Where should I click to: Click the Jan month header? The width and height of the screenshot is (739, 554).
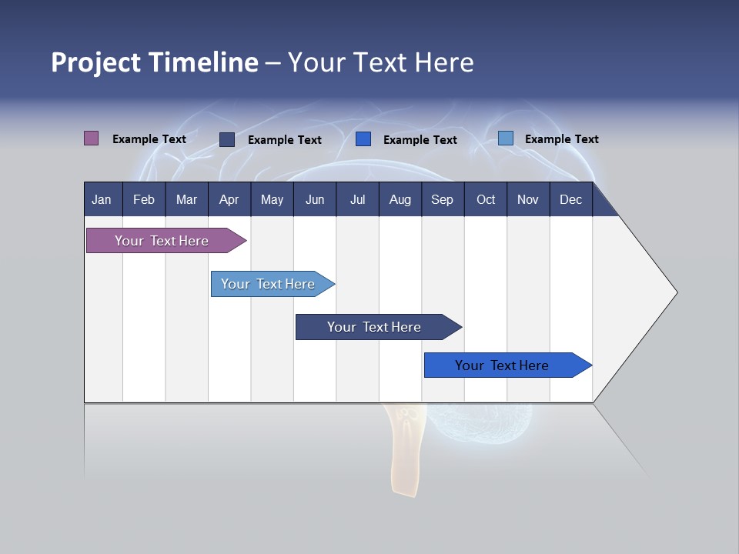(x=102, y=200)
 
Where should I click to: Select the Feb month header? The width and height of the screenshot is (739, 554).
(x=144, y=200)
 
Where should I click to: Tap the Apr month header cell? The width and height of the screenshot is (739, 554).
(x=229, y=200)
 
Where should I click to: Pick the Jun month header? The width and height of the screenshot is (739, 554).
(x=315, y=200)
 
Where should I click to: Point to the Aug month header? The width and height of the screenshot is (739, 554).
(x=400, y=200)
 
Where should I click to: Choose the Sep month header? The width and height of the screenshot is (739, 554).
(x=442, y=200)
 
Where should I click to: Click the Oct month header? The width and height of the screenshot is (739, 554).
(x=486, y=200)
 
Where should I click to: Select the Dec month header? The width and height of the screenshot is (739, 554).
(x=570, y=200)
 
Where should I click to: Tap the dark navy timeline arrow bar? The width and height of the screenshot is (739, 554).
(x=375, y=327)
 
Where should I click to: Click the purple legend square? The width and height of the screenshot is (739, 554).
(x=92, y=138)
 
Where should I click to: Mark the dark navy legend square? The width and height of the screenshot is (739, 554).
(x=227, y=139)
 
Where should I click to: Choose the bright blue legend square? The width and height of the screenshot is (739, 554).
(x=363, y=139)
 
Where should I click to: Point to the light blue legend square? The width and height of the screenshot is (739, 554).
(x=506, y=138)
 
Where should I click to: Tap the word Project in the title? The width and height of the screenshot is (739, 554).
(x=95, y=62)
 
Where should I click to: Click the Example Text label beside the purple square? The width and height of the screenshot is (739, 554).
(x=149, y=139)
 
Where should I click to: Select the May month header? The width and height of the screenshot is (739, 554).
(x=272, y=200)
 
